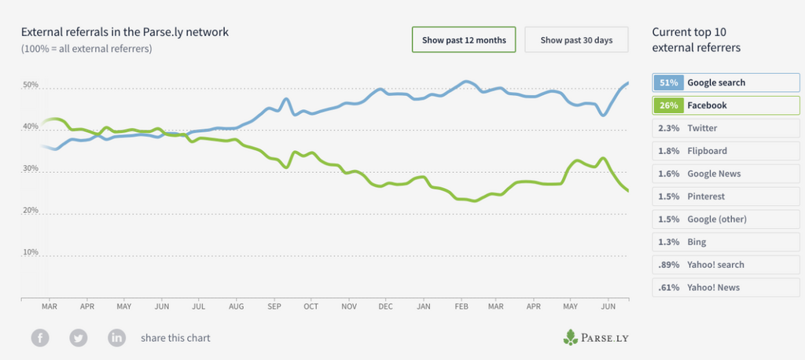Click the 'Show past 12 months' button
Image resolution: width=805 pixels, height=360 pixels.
point(464,39)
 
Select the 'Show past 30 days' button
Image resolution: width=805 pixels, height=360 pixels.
point(576,39)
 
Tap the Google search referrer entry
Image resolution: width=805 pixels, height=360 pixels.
point(719,83)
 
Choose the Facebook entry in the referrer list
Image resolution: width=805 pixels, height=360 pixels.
point(719,105)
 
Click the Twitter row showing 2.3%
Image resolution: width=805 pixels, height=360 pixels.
point(719,128)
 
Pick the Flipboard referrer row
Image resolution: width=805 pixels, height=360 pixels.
point(719,151)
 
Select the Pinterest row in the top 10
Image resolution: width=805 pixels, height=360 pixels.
point(719,197)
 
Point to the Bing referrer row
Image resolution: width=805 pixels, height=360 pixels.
point(719,242)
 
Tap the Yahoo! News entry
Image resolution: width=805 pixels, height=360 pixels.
point(719,288)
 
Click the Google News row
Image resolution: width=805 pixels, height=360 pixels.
point(719,174)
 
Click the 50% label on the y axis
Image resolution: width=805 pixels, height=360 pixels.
point(30,85)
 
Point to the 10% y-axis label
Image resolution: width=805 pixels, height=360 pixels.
point(30,252)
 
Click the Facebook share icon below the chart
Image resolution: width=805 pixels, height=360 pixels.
point(40,338)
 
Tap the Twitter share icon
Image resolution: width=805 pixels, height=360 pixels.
point(79,338)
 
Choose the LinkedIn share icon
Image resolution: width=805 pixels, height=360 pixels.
point(117,338)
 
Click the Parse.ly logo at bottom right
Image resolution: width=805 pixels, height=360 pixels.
point(597,338)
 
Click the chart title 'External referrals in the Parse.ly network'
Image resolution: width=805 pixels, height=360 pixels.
point(125,32)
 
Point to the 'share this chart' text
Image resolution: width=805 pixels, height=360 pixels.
point(175,338)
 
